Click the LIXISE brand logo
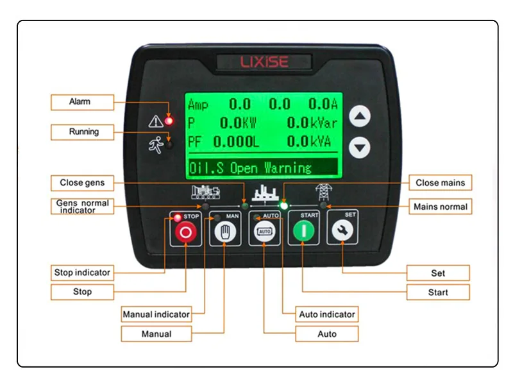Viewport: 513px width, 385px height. click(264, 62)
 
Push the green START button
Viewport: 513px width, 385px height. click(303, 233)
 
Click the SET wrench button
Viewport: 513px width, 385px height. click(342, 233)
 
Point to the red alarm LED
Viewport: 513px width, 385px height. click(169, 120)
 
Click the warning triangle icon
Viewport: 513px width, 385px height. click(155, 121)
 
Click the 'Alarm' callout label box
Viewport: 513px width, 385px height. click(82, 102)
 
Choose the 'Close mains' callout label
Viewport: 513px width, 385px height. click(440, 183)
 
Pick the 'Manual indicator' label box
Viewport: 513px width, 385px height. click(156, 314)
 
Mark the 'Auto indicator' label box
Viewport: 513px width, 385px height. click(326, 314)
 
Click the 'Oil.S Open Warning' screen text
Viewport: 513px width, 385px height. click(250, 168)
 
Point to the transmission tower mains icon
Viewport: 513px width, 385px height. click(321, 193)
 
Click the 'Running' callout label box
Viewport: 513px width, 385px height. click(82, 132)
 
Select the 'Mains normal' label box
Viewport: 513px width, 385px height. click(440, 207)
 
